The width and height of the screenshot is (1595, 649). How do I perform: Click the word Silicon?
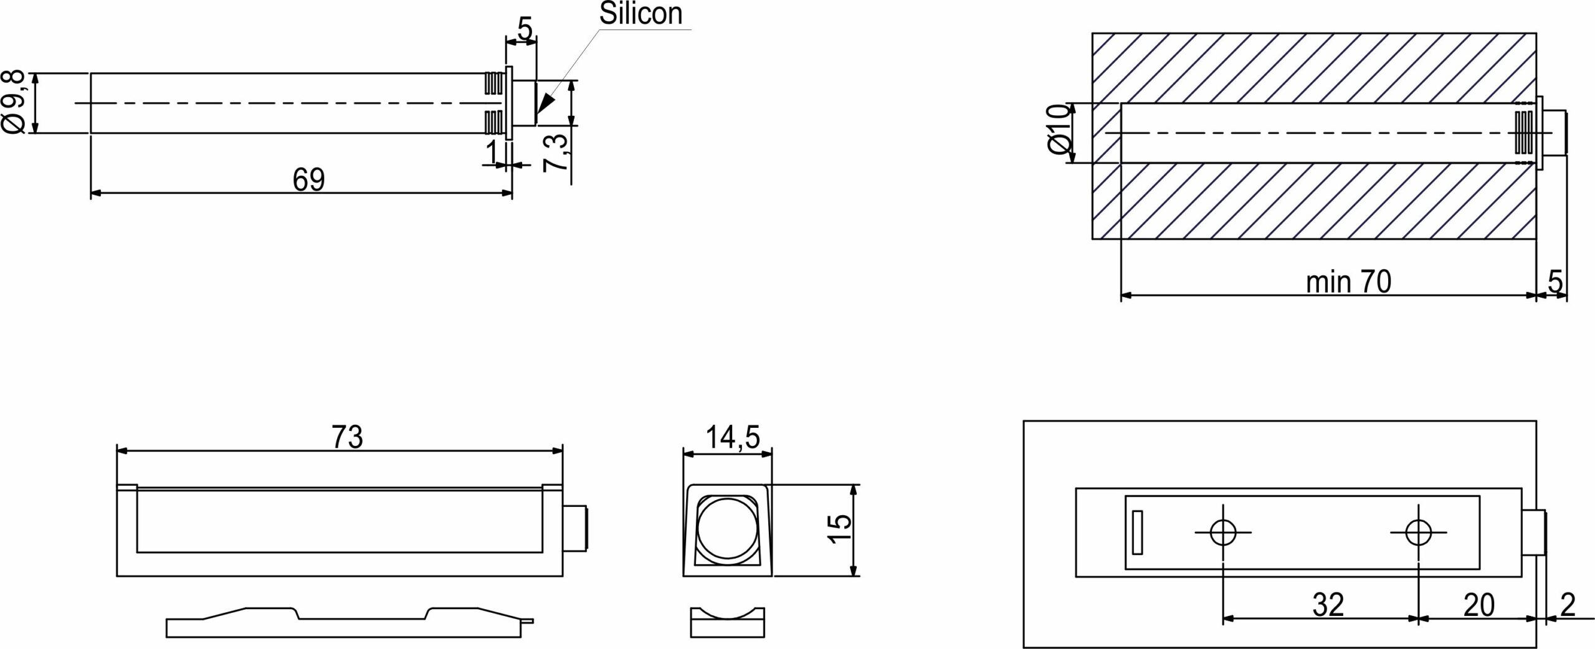(640, 14)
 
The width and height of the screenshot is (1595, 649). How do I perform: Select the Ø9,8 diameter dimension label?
(14, 102)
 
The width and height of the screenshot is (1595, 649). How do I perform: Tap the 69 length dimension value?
(309, 180)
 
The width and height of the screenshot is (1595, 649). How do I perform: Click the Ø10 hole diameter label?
(1059, 130)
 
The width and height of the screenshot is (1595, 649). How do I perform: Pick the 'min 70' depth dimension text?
(1348, 282)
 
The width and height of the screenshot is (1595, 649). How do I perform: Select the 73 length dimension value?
(347, 437)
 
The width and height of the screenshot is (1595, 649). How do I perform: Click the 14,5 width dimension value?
(733, 437)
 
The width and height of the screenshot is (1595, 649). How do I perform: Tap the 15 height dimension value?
(841, 529)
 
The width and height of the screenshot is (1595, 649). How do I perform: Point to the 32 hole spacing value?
(1328, 605)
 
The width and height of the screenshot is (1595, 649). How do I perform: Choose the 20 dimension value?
(1478, 605)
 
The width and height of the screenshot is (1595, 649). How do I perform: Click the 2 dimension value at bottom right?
(1568, 605)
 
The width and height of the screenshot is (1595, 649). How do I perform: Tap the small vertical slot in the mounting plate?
(1138, 532)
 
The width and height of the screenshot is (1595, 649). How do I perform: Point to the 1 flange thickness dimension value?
(492, 152)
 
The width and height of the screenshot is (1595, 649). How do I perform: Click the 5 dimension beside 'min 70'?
(1556, 282)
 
